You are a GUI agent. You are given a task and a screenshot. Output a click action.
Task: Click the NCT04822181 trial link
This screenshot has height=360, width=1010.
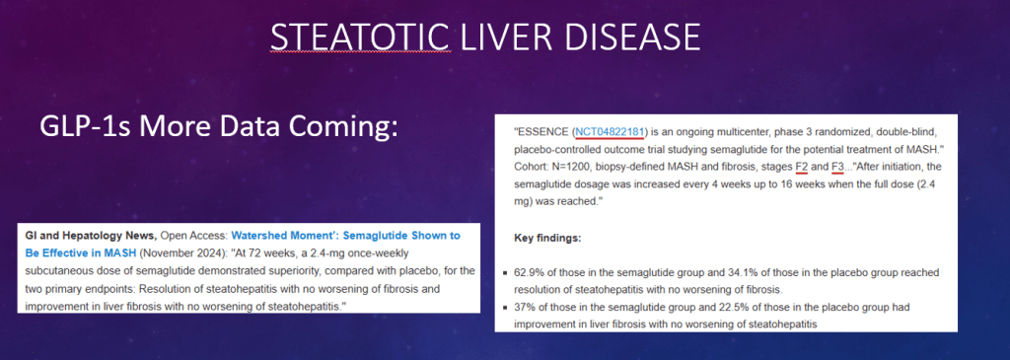[611, 132]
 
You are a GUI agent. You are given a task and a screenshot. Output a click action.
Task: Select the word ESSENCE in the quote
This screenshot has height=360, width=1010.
[542, 132]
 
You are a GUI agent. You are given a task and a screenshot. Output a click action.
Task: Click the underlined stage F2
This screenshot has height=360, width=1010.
[802, 168]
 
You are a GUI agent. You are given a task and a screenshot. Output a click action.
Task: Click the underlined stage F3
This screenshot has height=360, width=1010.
[838, 168]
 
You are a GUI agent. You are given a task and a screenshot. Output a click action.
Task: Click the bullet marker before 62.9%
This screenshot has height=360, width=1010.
[506, 273]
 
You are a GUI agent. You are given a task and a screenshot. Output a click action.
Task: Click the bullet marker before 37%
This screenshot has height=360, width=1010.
[506, 309]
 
